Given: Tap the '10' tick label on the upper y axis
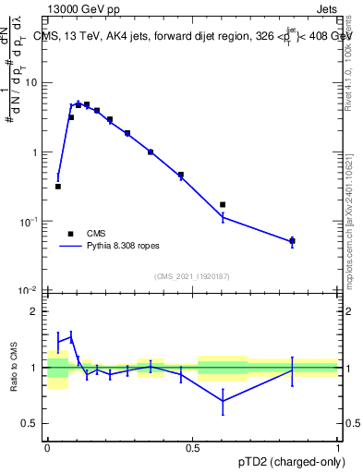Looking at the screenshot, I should [x=31, y=83].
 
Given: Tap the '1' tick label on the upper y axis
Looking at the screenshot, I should [x=35, y=152].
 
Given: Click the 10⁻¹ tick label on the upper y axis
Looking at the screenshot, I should [x=30, y=222].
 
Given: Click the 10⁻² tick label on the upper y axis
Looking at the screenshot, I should [x=30, y=291].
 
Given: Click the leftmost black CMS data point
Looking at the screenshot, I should [x=58, y=187].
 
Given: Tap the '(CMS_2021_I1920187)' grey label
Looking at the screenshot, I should [x=192, y=275].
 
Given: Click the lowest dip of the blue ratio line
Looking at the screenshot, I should [x=223, y=401].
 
